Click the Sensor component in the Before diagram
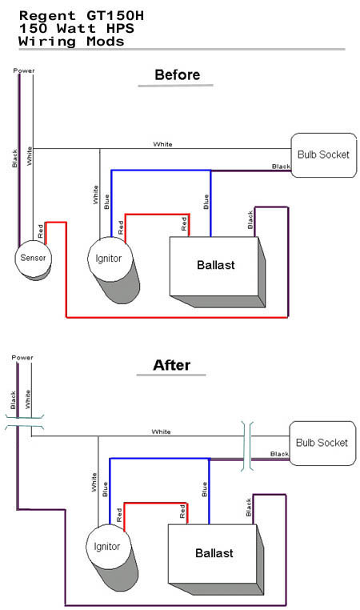click(33, 259)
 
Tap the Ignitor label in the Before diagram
click(109, 259)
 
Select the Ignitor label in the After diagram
click(107, 547)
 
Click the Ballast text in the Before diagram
click(216, 265)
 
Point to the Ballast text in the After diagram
click(214, 553)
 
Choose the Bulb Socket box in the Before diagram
click(324, 155)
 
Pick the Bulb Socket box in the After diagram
click(322, 443)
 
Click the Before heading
click(178, 74)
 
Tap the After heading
click(171, 365)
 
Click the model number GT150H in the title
click(114, 16)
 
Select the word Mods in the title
click(106, 42)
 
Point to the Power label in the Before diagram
click(24, 70)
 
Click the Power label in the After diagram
click(22, 358)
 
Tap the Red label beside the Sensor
click(41, 231)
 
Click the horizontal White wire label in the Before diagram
click(162, 144)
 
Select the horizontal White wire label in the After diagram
click(161, 431)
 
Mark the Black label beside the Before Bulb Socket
click(281, 167)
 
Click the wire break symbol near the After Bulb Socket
click(247, 446)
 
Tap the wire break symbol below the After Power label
click(24, 422)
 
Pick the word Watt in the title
click(76, 28)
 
